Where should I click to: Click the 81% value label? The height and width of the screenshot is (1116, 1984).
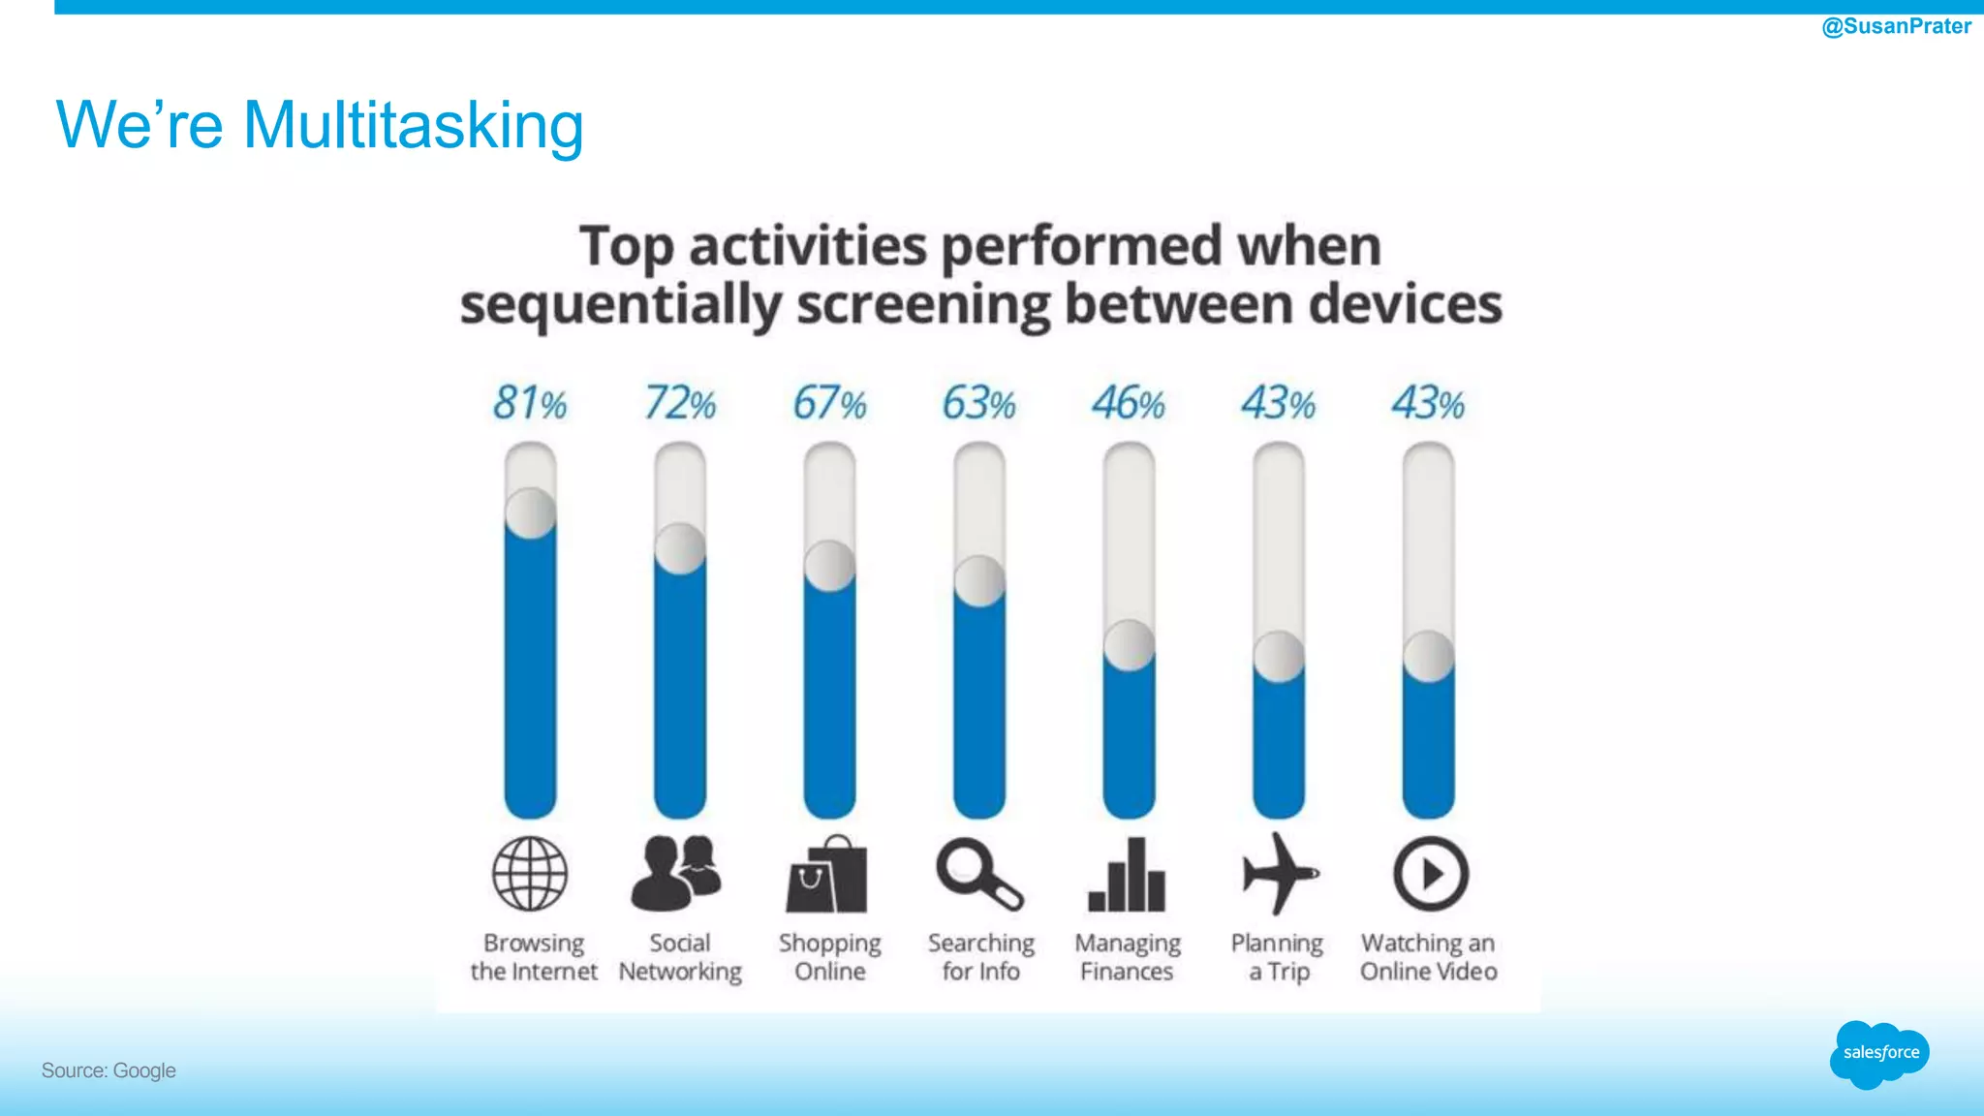[x=529, y=403]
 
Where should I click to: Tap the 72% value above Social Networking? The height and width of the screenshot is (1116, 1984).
[x=680, y=403]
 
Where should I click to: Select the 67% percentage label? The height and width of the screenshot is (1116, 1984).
[x=829, y=403]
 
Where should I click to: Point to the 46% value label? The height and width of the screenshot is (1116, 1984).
[x=1129, y=403]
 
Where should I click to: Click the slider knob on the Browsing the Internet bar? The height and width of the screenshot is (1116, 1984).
[x=531, y=513]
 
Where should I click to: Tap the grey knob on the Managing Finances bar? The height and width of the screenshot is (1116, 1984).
[x=1130, y=645]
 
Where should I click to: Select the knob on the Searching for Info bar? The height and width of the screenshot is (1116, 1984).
[x=979, y=581]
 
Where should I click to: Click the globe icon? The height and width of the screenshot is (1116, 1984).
[x=530, y=874]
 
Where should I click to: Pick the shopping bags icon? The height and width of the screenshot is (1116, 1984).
[x=826, y=875]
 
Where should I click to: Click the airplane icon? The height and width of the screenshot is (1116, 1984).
[x=1279, y=873]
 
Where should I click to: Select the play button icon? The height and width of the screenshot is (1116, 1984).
[x=1431, y=874]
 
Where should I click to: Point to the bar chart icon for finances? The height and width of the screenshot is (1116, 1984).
[x=1127, y=875]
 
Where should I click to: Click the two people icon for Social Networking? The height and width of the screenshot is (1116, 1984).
[x=677, y=872]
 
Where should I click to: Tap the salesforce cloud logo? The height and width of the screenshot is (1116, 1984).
[x=1879, y=1054]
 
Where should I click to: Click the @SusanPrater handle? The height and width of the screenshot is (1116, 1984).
[x=1896, y=26]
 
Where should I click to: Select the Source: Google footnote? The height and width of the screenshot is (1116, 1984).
[x=108, y=1070]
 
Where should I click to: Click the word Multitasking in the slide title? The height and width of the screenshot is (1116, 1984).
[x=413, y=126]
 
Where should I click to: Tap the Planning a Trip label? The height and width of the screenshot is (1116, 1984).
[x=1278, y=957]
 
